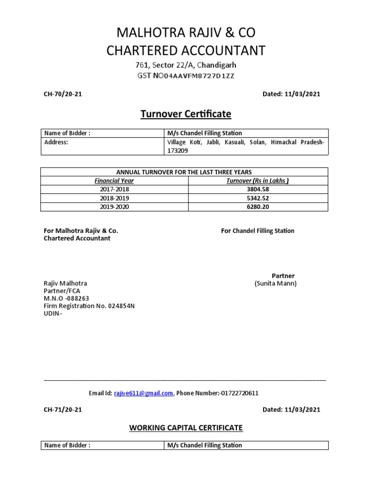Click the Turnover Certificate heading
(186, 114)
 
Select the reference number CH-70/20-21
(63, 94)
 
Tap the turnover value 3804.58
(258, 189)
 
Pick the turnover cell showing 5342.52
(258, 198)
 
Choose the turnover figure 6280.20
(258, 207)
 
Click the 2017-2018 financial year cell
(114, 189)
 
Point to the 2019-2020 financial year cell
(114, 207)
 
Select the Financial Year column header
(114, 181)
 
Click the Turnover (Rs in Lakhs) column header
(258, 181)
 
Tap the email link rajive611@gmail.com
(143, 393)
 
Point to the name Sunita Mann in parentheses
(276, 283)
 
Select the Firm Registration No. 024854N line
(89, 306)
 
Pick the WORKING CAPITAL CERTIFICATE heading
(186, 428)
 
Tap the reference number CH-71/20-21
(63, 410)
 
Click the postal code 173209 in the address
(178, 151)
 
